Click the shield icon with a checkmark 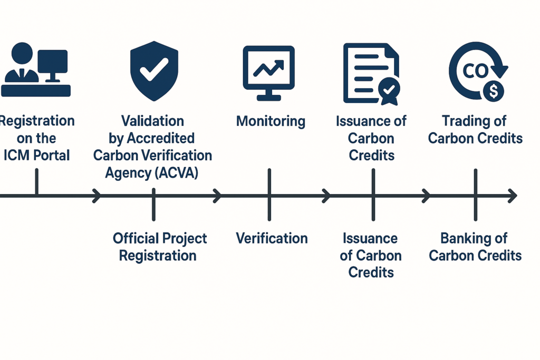click(154, 71)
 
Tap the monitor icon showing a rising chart click(268, 73)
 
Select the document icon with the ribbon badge click(372, 74)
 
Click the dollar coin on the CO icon click(494, 92)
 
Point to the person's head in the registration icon click(22, 53)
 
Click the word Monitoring click(271, 121)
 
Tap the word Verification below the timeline click(272, 238)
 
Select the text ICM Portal click(36, 155)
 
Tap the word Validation click(152, 121)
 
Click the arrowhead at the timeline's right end click(513, 196)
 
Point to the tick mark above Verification click(269, 194)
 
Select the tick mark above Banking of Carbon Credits click(476, 195)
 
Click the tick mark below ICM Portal click(37, 182)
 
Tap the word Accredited click(161, 138)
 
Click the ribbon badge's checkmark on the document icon click(389, 90)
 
